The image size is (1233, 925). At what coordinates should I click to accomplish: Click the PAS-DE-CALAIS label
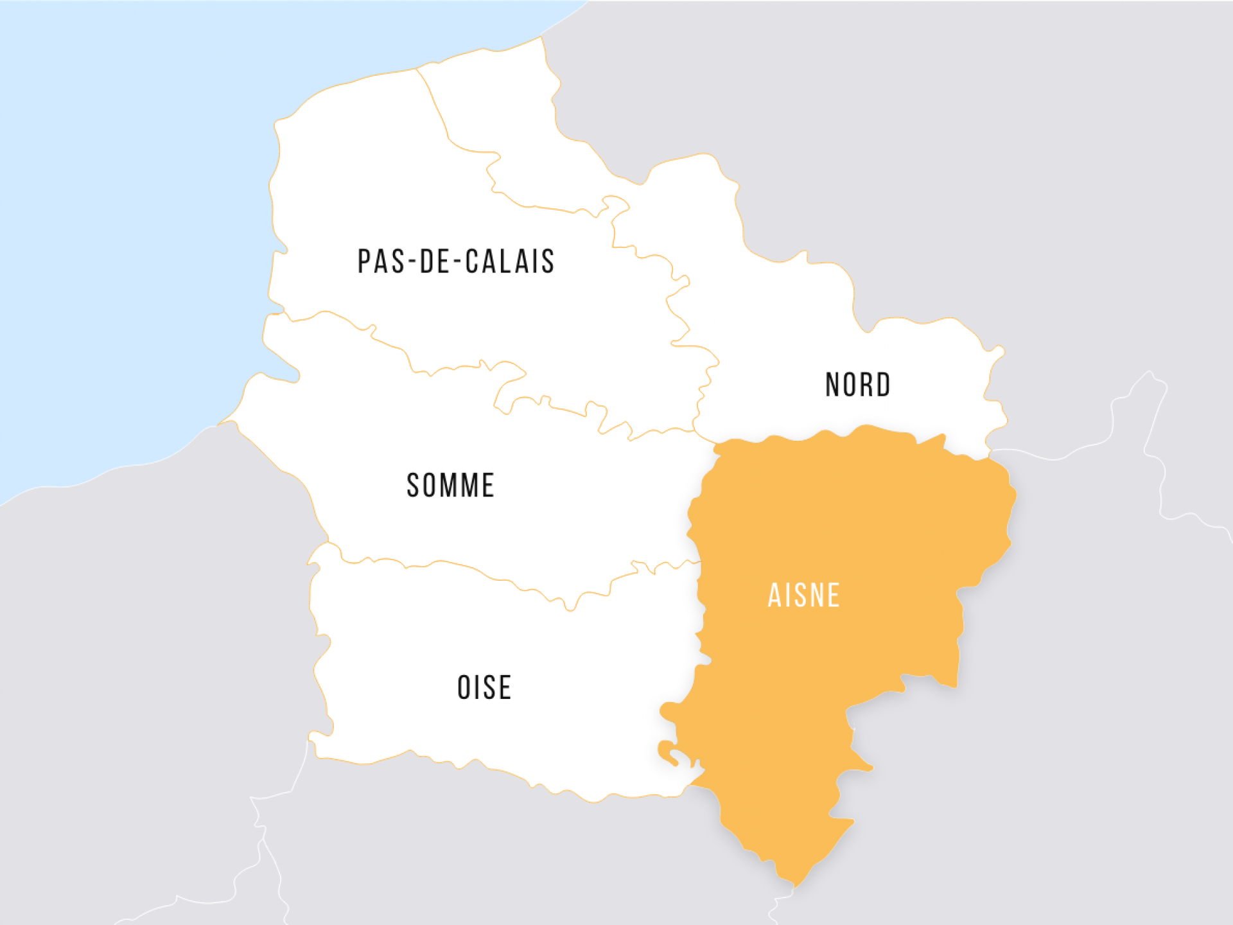point(456,261)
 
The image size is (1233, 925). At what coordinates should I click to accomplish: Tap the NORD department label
point(858,385)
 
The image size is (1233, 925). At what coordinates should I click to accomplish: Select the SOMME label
point(450,486)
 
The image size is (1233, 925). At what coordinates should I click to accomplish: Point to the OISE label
point(484,687)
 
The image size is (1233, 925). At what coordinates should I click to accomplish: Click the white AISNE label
point(804,595)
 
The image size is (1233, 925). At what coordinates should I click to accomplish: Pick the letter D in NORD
point(882,385)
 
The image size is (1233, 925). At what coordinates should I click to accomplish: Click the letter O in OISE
point(464,687)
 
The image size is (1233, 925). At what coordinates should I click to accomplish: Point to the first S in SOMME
point(413,486)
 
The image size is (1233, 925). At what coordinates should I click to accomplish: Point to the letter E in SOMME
point(487,486)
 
